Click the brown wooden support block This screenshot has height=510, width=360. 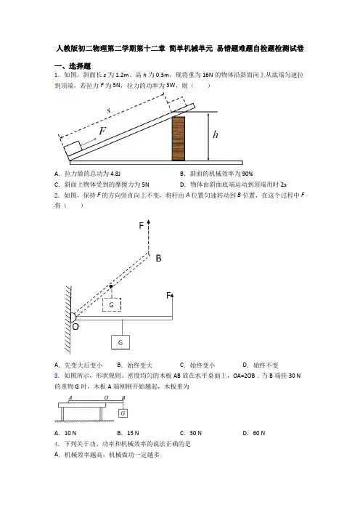179,138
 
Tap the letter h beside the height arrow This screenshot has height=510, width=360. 215,134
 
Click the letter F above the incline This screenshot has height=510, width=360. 102,131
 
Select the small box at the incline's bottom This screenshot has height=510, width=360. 73,149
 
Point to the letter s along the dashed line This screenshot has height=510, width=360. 109,110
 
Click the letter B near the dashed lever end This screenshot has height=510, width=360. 158,258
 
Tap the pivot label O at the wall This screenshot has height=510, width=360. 75,326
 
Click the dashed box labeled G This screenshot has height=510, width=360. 112,304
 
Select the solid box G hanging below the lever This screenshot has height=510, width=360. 120,342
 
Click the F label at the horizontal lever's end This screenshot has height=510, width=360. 168,296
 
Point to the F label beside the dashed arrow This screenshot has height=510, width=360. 142,226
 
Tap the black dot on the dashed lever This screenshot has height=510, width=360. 111,286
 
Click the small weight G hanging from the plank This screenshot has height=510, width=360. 123,413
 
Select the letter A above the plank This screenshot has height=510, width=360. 70,397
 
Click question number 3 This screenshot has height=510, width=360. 57,376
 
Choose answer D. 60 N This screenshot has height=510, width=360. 254,433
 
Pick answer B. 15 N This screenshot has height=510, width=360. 128,433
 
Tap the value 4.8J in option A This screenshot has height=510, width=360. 115,174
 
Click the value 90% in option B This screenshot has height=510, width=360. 247,174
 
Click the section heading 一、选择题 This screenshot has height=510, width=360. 73,66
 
